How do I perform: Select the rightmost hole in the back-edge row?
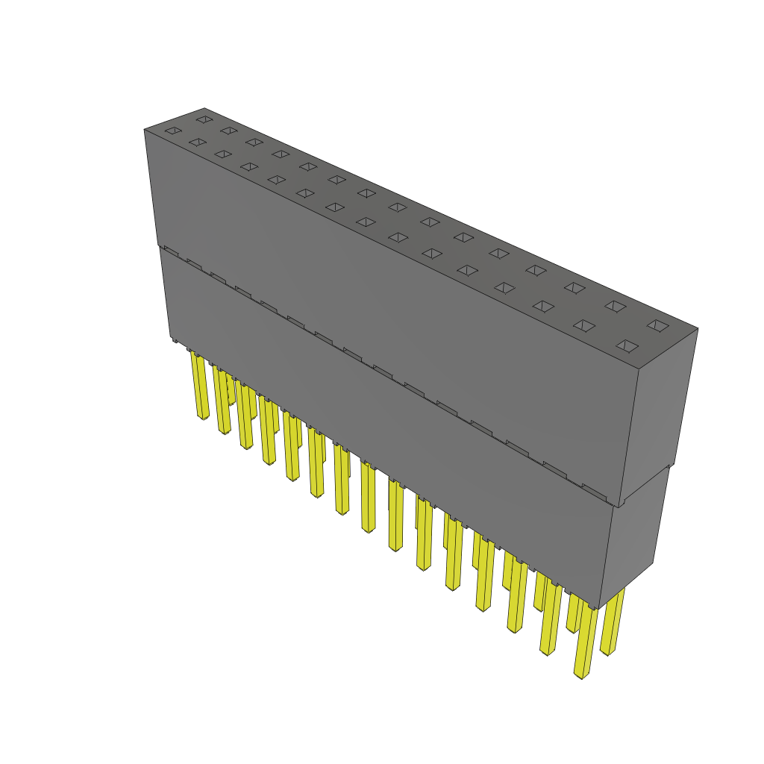coord(657,325)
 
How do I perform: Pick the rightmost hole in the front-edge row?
coord(627,345)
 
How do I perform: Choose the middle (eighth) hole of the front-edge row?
coord(398,237)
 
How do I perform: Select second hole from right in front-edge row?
coord(584,325)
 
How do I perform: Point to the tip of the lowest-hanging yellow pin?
coord(580,675)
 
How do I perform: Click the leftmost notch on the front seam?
coord(171,250)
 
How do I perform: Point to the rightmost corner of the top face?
coord(698,328)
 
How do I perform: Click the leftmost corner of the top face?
coord(145,130)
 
